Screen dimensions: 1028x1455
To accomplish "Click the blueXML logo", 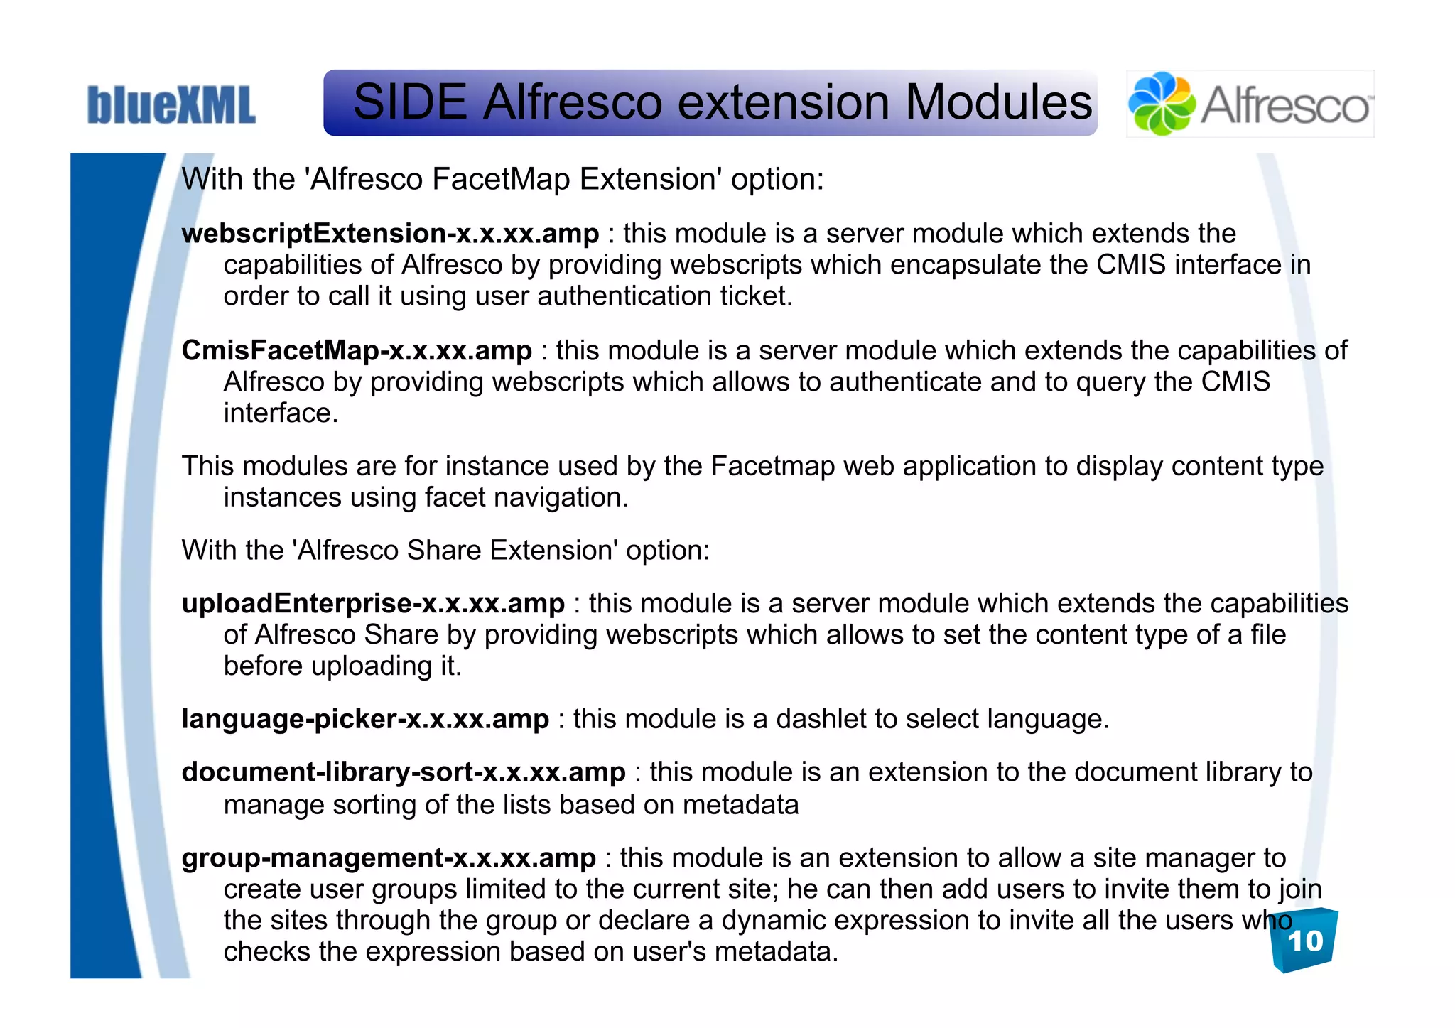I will [x=171, y=105].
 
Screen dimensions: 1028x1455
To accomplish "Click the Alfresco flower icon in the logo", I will [x=1162, y=104].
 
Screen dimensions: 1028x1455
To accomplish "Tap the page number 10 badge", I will [x=1304, y=941].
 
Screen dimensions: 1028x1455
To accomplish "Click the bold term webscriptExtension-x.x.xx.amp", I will [x=390, y=234].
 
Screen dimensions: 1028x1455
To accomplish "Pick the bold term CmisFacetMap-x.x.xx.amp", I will [x=357, y=351].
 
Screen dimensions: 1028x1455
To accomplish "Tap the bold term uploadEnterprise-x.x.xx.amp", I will [x=373, y=604].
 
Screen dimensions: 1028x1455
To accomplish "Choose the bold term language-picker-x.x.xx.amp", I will [x=365, y=720].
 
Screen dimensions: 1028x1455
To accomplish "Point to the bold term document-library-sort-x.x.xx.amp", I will [x=404, y=773].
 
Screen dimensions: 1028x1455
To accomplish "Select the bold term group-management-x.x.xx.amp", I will [x=389, y=858].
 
